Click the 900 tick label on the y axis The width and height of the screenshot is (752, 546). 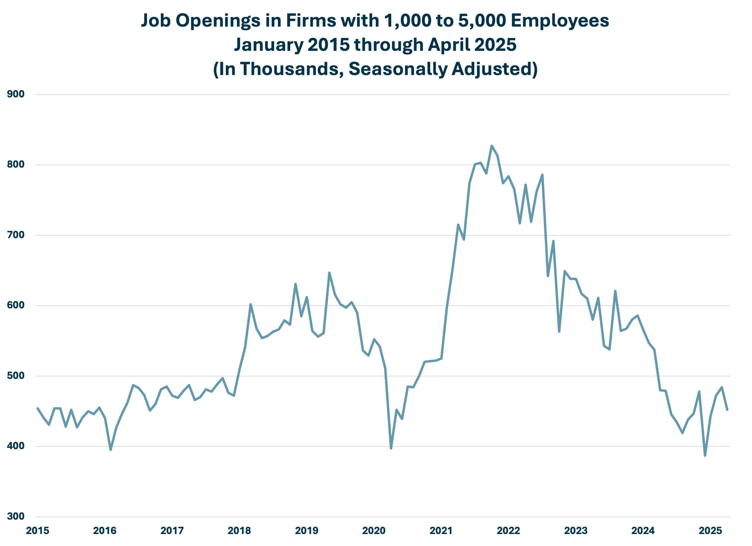(x=16, y=94)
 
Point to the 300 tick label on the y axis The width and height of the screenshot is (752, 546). (x=16, y=516)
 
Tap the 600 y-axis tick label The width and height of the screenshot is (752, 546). (x=16, y=305)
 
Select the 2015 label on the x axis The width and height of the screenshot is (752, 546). (x=38, y=531)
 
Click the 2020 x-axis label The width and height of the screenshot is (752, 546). (x=374, y=531)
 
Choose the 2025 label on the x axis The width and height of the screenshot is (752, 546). (x=710, y=531)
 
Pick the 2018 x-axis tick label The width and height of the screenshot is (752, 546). (x=239, y=531)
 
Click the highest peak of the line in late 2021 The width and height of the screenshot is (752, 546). (x=492, y=146)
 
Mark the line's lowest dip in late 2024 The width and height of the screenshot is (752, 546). (x=705, y=456)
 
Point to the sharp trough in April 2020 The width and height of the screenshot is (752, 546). (x=391, y=448)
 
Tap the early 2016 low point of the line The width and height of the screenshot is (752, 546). (x=110, y=450)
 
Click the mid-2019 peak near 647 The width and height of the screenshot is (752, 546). (x=329, y=273)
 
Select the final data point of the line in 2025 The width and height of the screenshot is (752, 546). (x=727, y=410)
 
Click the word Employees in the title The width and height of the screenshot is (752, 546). (x=560, y=21)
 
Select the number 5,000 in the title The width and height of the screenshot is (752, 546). (x=482, y=21)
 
